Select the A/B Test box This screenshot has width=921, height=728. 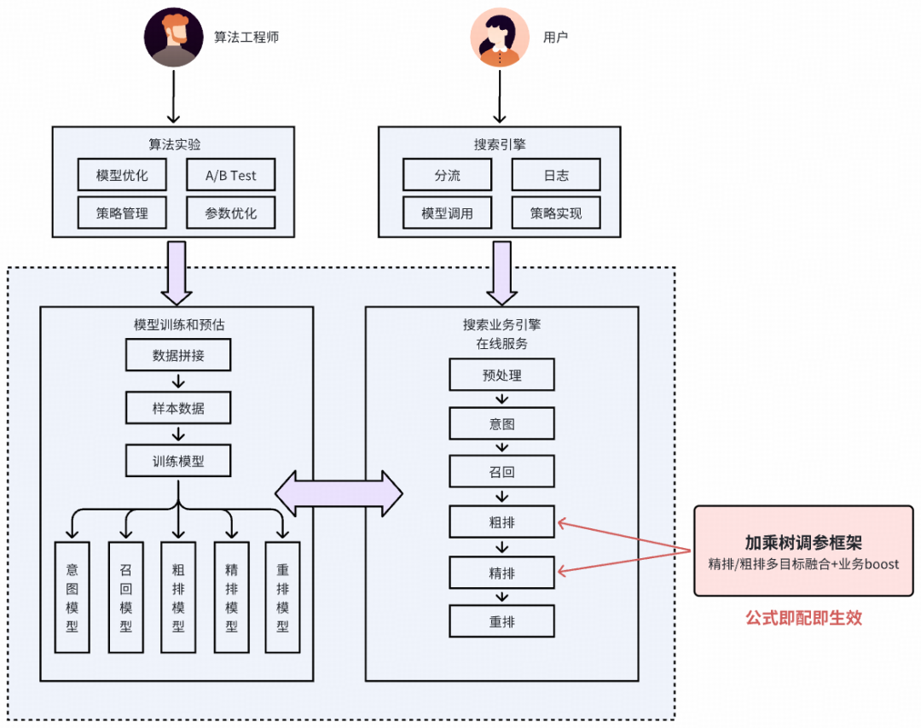pyautogui.click(x=231, y=175)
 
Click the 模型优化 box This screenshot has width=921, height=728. pyautogui.click(x=122, y=175)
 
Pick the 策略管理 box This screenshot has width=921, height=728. pyautogui.click(x=122, y=213)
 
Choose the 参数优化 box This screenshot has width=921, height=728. pyautogui.click(x=231, y=213)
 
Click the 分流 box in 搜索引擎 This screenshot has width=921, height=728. pyautogui.click(x=448, y=175)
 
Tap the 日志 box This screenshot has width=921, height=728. pyautogui.click(x=556, y=175)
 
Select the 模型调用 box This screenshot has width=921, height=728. pyautogui.click(x=448, y=213)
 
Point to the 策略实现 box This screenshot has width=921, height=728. pyautogui.click(x=556, y=213)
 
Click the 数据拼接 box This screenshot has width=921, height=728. pyautogui.click(x=178, y=355)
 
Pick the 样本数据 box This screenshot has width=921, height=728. pyautogui.click(x=178, y=408)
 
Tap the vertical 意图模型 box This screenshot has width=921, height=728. pyautogui.click(x=72, y=597)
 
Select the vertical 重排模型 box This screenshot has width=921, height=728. pyautogui.click(x=283, y=597)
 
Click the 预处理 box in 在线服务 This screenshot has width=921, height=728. pyautogui.click(x=502, y=375)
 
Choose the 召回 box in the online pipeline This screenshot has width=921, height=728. pyautogui.click(x=502, y=471)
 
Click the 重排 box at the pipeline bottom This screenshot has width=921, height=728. pyautogui.click(x=502, y=620)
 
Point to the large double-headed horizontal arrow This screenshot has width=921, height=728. pyautogui.click(x=339, y=493)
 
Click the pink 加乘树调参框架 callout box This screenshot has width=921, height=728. pyautogui.click(x=803, y=551)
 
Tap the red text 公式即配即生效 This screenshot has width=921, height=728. pyautogui.click(x=803, y=618)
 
